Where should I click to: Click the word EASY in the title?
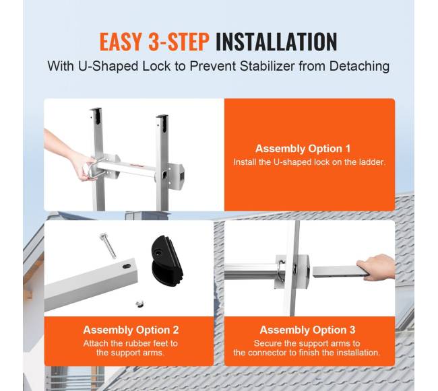click(x=121, y=42)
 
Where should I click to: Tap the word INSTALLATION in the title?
click(x=276, y=42)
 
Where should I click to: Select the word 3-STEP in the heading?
click(x=179, y=42)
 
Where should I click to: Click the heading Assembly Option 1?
click(x=303, y=148)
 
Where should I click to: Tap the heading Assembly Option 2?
click(x=131, y=330)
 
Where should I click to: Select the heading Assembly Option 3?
click(x=307, y=330)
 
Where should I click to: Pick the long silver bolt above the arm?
click(x=108, y=246)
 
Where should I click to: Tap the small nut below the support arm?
click(x=139, y=304)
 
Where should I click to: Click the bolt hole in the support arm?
click(x=127, y=266)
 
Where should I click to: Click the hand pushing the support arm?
click(x=376, y=267)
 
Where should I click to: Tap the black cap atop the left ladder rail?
click(x=96, y=116)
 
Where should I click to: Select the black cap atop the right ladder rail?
click(x=162, y=122)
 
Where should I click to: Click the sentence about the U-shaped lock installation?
click(x=309, y=162)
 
